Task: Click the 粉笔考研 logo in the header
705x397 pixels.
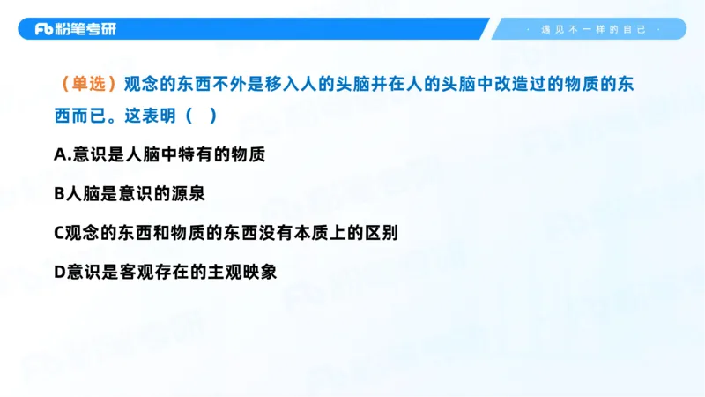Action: tap(75, 29)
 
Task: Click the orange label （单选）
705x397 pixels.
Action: tap(87, 85)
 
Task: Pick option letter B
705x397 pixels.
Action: tap(60, 193)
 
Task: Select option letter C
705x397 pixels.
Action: tap(60, 232)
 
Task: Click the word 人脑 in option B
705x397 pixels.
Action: tap(85, 193)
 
